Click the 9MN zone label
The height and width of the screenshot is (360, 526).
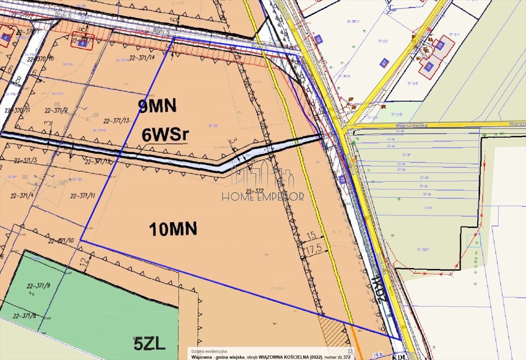click(157, 106)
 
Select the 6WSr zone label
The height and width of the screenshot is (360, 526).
click(165, 135)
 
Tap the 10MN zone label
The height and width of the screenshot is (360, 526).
click(173, 229)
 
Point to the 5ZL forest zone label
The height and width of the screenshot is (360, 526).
click(149, 345)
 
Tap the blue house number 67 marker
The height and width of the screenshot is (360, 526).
click(384, 63)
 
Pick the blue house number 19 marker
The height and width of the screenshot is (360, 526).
click(319, 39)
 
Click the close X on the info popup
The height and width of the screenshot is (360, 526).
click(349, 351)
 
